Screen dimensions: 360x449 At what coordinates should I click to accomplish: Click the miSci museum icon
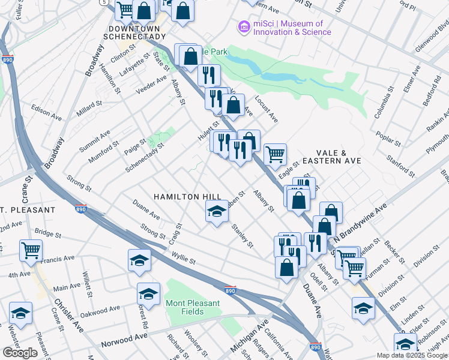[244, 27]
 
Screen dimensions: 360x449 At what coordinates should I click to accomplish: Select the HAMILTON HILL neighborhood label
[187, 197]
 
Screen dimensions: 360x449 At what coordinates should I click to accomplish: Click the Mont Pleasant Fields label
[193, 308]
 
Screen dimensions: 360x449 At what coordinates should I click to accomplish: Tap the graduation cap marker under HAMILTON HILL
[217, 212]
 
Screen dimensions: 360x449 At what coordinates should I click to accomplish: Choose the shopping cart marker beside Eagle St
[275, 155]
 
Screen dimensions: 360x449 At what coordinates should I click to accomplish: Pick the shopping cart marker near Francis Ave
[31, 251]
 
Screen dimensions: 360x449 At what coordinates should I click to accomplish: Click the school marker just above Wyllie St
[139, 260]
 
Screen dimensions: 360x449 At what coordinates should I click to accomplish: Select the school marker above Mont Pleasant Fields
[148, 295]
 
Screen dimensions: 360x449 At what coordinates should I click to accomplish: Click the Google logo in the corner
[20, 353]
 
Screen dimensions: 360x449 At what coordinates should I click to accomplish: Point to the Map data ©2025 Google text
[412, 355]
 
